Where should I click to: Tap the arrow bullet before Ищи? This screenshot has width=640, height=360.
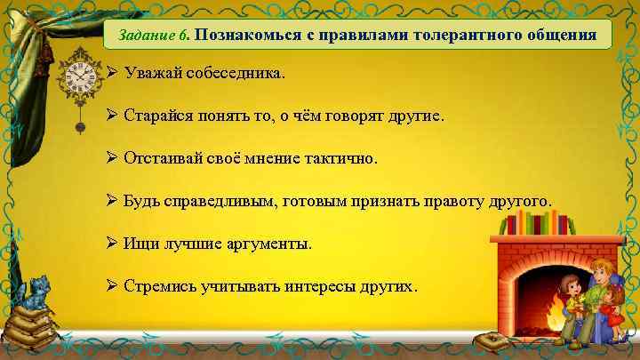click(112, 244)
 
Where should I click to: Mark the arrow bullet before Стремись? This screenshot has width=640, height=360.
click(112, 286)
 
